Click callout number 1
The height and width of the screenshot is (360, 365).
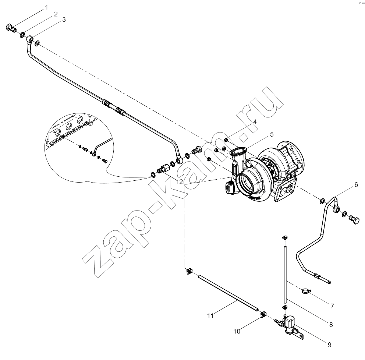[x=47, y=8]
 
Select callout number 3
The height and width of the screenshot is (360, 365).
[x=64, y=20]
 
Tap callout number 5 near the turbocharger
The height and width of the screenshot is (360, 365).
[x=272, y=134]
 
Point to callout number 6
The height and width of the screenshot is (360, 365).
[x=356, y=178]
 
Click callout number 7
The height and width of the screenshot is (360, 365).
[x=332, y=306]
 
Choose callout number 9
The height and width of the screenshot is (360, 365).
[x=329, y=345]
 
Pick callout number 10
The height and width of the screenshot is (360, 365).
[x=237, y=331]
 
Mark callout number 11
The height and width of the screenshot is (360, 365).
[x=210, y=316]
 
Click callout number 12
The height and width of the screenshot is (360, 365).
[x=180, y=182]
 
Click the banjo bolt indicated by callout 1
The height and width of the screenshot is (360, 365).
[x=10, y=28]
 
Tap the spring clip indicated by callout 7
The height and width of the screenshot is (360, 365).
[x=306, y=291]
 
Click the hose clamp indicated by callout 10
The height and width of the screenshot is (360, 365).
[x=263, y=314]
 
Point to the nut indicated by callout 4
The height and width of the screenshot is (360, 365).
[x=226, y=140]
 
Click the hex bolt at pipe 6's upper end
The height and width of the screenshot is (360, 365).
[x=354, y=220]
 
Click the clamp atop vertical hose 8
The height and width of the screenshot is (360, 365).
[x=285, y=238]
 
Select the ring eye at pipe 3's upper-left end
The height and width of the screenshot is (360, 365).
[x=29, y=39]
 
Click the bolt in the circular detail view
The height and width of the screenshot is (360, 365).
[x=104, y=160]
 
